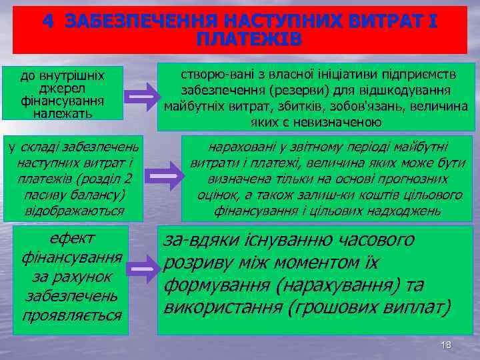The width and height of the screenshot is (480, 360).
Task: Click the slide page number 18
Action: [x=446, y=345]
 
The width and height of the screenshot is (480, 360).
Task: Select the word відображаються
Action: [x=74, y=211]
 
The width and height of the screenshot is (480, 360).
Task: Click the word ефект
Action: [x=73, y=239]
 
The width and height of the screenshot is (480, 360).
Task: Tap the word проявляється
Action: [x=73, y=314]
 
